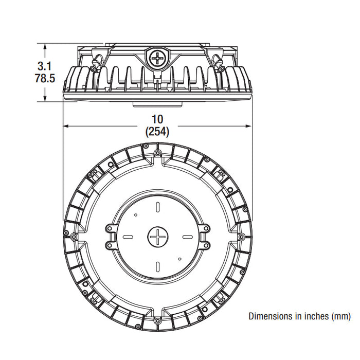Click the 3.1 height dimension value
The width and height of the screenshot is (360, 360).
tap(45, 66)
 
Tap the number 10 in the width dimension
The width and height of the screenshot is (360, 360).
tap(157, 119)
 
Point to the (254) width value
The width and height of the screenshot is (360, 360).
tap(157, 131)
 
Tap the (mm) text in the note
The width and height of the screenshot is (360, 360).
tap(340, 315)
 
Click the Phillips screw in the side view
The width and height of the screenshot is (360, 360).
tap(156, 58)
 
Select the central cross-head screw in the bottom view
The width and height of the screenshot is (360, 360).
tap(158, 237)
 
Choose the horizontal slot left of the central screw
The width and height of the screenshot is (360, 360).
tap(130, 237)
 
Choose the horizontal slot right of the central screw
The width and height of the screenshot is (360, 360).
tap(186, 237)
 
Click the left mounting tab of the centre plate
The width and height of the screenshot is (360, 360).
tap(111, 237)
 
